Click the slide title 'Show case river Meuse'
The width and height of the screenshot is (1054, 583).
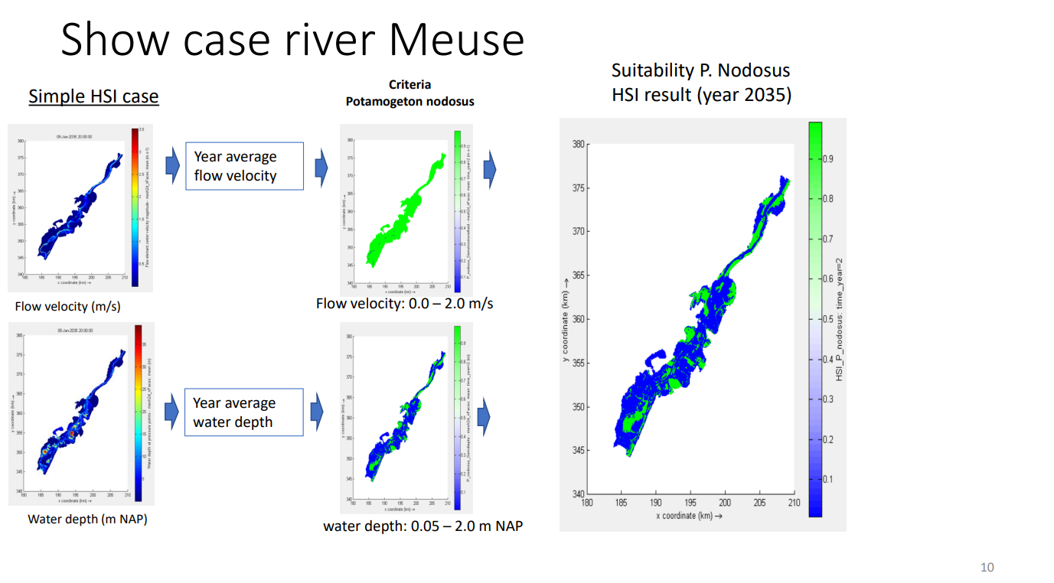click(x=292, y=40)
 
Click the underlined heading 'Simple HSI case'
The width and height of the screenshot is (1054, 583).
click(x=93, y=96)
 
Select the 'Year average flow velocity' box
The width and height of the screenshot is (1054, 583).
click(x=245, y=166)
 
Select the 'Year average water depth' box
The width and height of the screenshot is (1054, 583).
click(x=243, y=412)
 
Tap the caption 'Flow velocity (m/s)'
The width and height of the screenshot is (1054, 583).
click(x=67, y=307)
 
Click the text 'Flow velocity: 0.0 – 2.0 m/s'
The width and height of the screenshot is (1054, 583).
click(x=404, y=304)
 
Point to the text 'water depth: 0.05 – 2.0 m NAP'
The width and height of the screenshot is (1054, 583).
click(x=423, y=526)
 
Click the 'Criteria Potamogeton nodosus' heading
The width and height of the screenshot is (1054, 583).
click(x=410, y=93)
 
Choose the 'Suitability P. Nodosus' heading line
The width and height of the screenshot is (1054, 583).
click(x=700, y=70)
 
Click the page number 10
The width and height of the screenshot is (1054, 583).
click(x=987, y=567)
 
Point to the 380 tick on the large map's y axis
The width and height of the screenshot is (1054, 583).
click(x=579, y=144)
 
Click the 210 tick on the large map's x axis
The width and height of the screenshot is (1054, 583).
click(x=794, y=503)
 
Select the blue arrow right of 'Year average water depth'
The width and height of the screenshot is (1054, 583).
click(x=316, y=412)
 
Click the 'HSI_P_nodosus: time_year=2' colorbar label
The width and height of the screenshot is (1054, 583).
click(x=840, y=319)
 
